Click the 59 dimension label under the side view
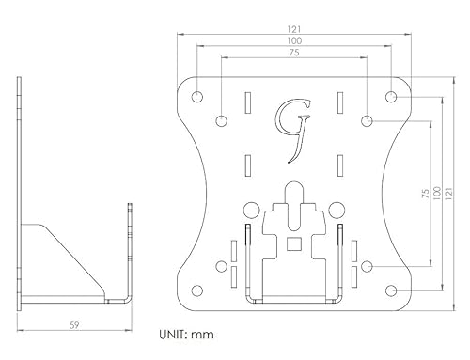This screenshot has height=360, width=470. click(74, 325)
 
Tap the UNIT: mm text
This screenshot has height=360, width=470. click(187, 335)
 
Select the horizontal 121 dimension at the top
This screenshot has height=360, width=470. click(294, 29)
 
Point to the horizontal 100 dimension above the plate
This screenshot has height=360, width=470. click(294, 40)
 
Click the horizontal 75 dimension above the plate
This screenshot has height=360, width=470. click(294, 53)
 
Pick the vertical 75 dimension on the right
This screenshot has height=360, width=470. click(426, 193)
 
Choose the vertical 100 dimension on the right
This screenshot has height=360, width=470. click(436, 193)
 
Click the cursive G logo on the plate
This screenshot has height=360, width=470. click(293, 131)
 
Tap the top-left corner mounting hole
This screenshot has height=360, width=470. click(197, 97)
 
